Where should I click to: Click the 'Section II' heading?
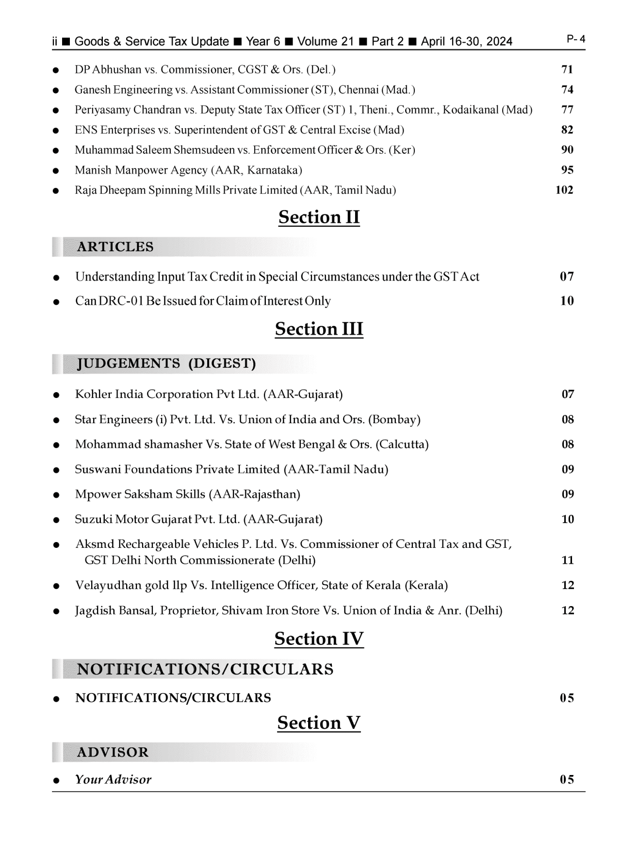click(x=319, y=217)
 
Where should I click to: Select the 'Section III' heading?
click(x=319, y=329)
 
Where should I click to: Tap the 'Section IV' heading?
click(x=319, y=639)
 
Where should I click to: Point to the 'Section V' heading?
click(x=319, y=723)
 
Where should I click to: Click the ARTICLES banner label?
click(x=115, y=247)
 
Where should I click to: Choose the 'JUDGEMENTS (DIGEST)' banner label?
click(x=166, y=363)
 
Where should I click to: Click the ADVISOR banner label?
click(x=113, y=752)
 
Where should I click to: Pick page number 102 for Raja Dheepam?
click(x=564, y=190)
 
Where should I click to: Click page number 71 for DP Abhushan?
click(x=567, y=69)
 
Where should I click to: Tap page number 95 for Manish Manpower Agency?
click(x=567, y=170)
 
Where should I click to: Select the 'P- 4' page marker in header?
click(x=576, y=39)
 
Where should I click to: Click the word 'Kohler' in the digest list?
click(x=93, y=394)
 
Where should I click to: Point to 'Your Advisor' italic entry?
click(x=113, y=779)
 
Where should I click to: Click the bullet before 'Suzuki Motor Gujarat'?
click(x=57, y=520)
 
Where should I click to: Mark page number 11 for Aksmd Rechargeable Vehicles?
click(x=568, y=561)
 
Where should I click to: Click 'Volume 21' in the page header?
click(x=325, y=42)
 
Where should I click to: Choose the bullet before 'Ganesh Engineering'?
click(x=57, y=90)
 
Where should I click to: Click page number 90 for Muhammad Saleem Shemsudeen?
click(x=567, y=149)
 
